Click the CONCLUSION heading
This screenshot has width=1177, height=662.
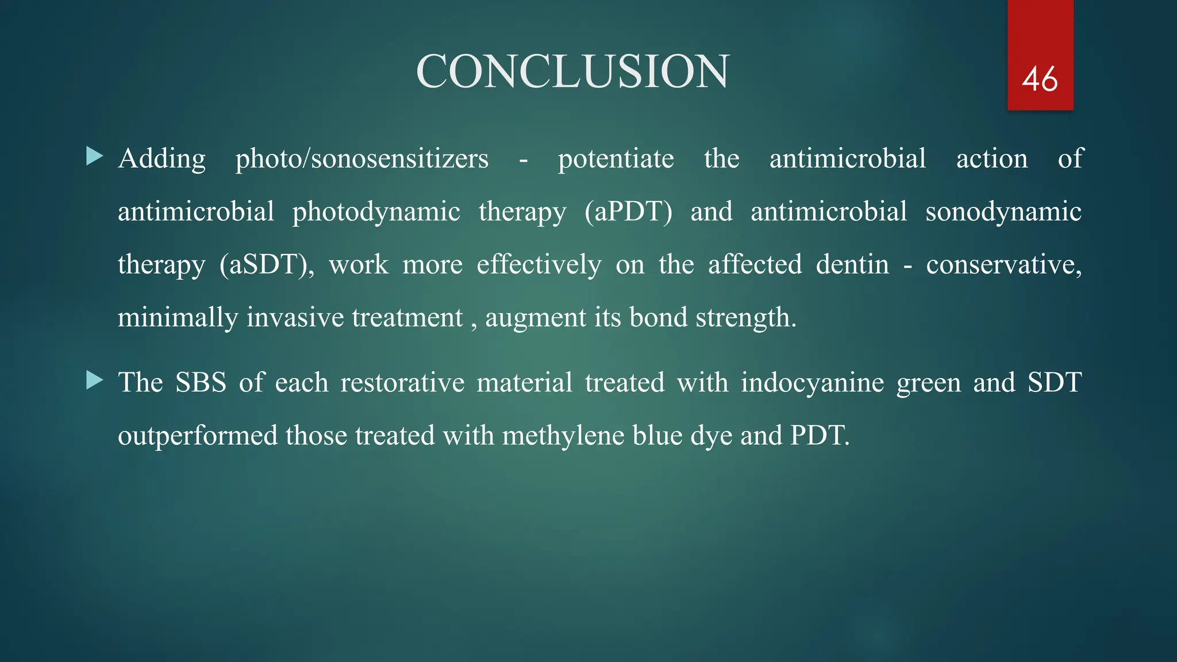[572, 71]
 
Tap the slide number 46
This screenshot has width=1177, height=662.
[1040, 79]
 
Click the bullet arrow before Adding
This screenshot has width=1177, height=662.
[94, 156]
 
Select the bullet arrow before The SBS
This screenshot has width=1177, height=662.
[94, 380]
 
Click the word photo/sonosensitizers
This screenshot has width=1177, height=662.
[361, 159]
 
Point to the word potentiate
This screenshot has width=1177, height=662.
[616, 159]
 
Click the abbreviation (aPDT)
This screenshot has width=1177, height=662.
[628, 211]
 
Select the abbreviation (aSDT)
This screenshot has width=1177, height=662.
[267, 264]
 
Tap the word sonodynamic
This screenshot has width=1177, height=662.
[1003, 211]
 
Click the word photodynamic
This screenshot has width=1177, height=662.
[376, 211]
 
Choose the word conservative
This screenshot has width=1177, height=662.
[1003, 264]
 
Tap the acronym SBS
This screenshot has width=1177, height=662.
[201, 383]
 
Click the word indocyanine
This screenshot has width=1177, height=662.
[812, 383]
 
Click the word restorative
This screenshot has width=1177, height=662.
[402, 383]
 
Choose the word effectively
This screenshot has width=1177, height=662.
[539, 264]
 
